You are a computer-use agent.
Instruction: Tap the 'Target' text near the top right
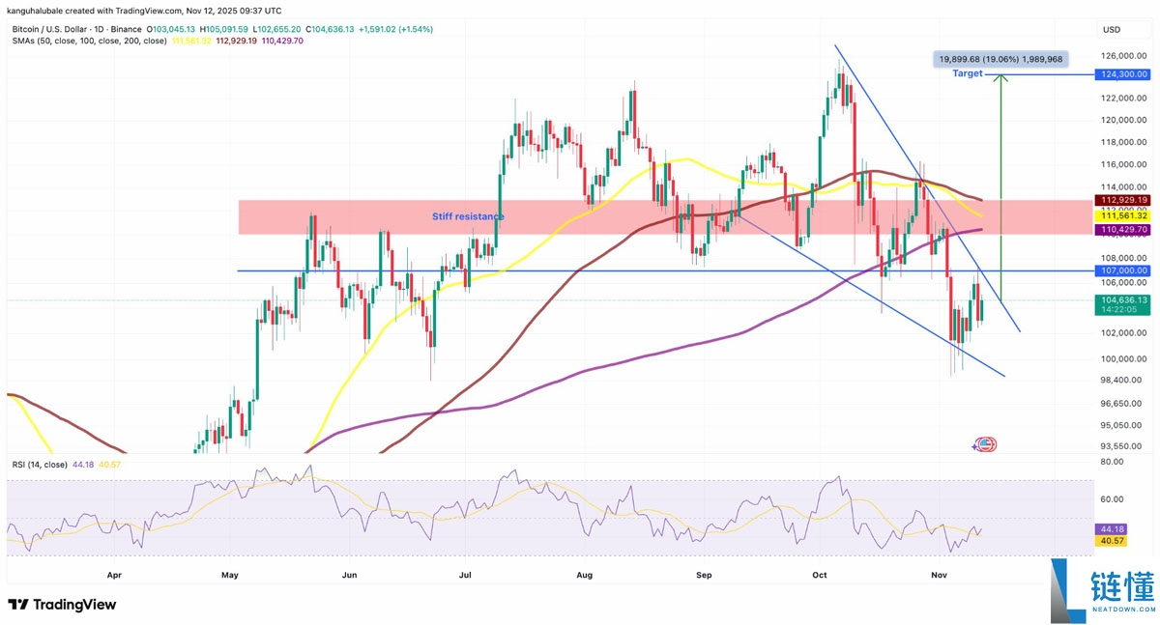point(967,73)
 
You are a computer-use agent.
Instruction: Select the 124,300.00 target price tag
point(1122,73)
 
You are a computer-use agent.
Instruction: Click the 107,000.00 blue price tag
point(1122,270)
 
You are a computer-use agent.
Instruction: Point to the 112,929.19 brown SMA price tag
point(1122,199)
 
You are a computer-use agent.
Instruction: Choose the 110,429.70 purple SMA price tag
point(1122,230)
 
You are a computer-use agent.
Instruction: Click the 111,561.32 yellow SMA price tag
point(1122,214)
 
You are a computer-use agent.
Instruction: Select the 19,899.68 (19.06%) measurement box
point(1000,59)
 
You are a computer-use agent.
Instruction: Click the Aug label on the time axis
point(584,574)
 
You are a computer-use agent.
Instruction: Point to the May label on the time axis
point(229,574)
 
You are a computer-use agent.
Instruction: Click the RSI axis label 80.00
point(1112,463)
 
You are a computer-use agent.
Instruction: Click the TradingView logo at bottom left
point(62,605)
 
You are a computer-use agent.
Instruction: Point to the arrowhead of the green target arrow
point(1001,78)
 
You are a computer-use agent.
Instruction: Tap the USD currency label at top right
point(1112,29)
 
